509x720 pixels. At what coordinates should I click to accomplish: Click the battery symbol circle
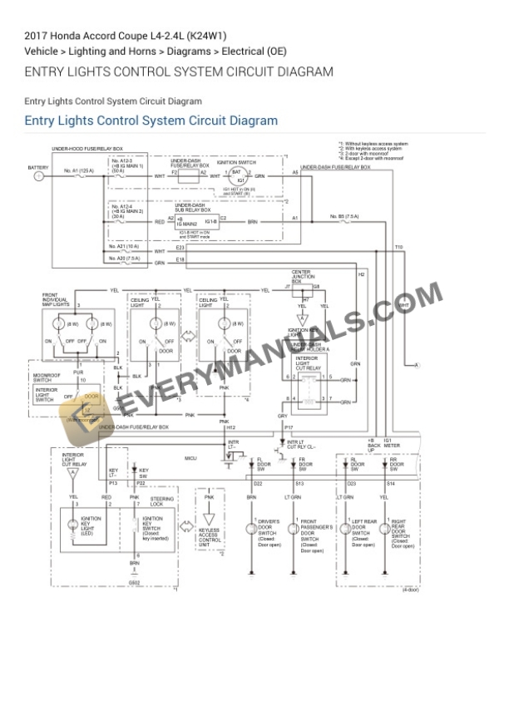click(38, 176)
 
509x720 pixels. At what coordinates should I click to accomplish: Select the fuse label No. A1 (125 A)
click(78, 170)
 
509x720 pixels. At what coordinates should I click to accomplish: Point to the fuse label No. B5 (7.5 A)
click(344, 216)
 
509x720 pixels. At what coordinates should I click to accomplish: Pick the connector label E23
click(180, 248)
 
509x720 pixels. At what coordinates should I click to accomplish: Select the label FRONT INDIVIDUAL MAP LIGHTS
click(56, 300)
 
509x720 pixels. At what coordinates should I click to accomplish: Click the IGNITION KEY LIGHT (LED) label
click(91, 525)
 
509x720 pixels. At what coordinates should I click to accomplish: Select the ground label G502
click(134, 583)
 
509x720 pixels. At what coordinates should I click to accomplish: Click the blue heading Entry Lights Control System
click(151, 121)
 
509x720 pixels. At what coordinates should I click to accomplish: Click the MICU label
click(190, 457)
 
